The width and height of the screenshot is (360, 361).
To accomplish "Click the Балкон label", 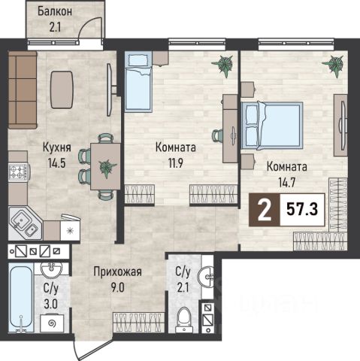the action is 55,12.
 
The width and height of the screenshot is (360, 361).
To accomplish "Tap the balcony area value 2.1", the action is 55,27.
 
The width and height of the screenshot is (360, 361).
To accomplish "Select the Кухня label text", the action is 57,147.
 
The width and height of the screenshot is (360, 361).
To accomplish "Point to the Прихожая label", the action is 117,272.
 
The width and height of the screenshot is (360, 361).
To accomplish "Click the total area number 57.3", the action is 302,210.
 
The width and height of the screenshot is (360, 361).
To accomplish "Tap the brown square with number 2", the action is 265,210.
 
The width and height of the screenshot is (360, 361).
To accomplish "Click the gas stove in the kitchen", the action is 19,171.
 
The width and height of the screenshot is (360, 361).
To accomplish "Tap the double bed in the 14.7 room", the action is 272,125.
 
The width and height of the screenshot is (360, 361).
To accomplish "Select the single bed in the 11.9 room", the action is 138,81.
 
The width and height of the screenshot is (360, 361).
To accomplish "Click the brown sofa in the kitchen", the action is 23,89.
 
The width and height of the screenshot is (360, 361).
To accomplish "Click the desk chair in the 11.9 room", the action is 217,136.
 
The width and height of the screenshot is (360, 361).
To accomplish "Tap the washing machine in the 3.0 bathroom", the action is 53,323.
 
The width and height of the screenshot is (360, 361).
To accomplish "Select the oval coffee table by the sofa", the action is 62,89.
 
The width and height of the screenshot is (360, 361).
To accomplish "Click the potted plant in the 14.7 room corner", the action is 333,65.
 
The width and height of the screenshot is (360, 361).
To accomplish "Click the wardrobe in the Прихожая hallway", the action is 138,323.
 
